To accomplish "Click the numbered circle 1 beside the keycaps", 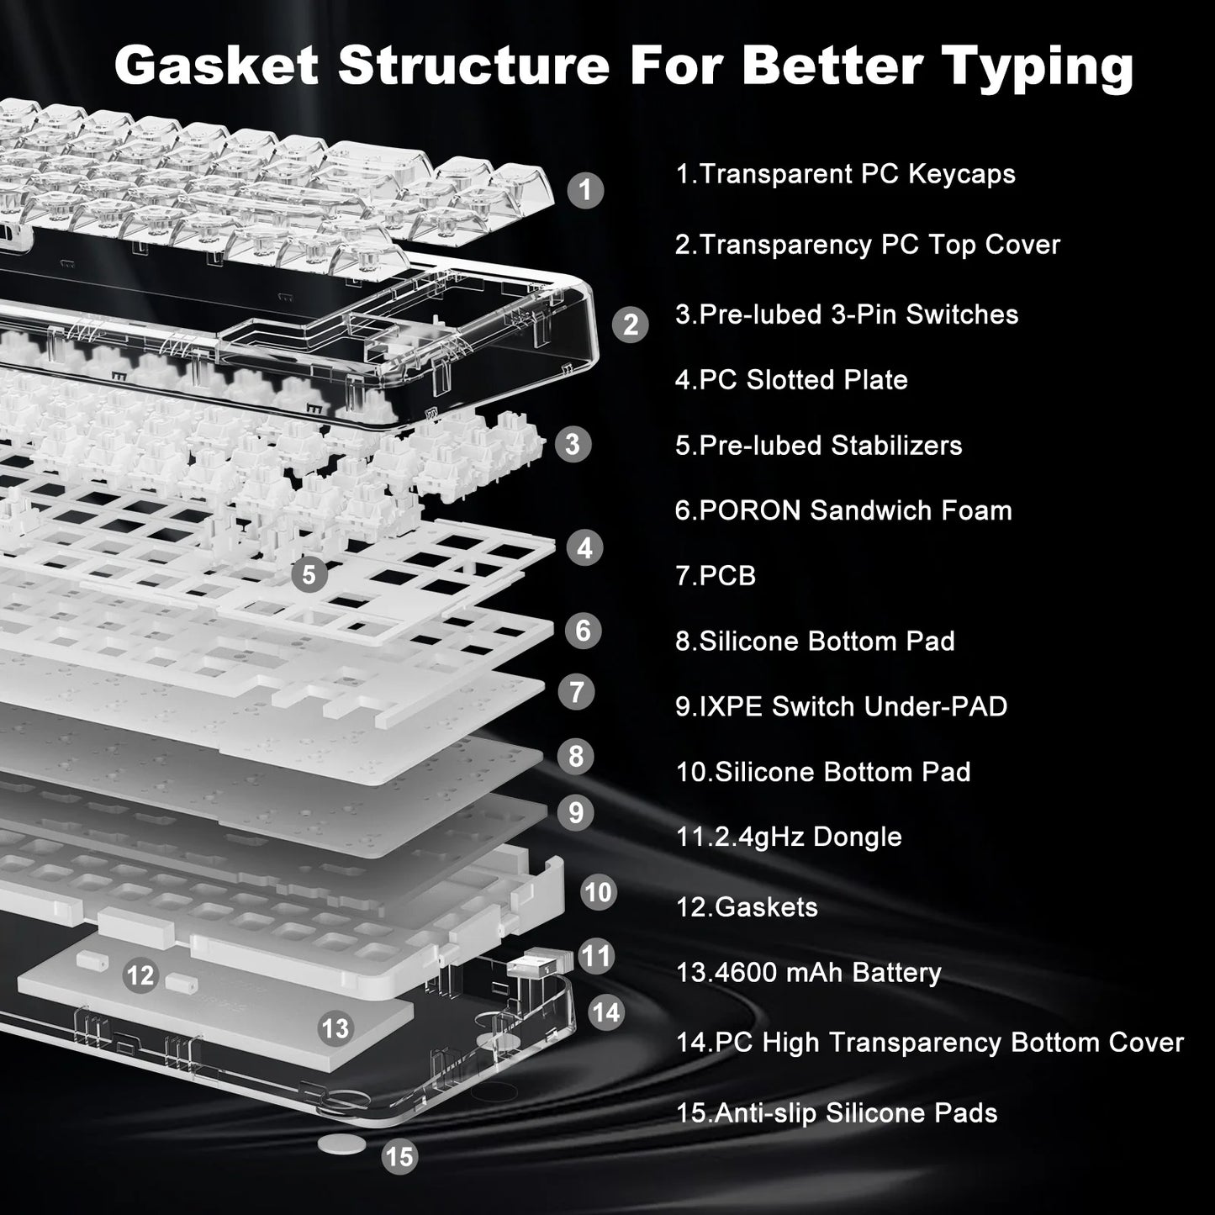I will (x=585, y=190).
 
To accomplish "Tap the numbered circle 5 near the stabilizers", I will (x=309, y=574).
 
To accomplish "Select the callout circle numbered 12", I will (x=140, y=975).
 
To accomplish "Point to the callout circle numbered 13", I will (x=335, y=1027).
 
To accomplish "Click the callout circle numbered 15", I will (x=399, y=1157).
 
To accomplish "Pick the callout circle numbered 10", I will (x=598, y=891).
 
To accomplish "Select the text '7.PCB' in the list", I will (x=716, y=576).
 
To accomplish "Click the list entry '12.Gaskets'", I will (x=747, y=907).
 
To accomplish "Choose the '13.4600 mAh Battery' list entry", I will (x=808, y=973).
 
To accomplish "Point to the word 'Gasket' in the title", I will (x=216, y=66).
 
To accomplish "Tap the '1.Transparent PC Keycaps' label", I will (x=845, y=174).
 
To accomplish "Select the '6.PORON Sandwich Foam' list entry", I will (x=843, y=510).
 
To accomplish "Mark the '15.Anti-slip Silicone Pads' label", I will (x=837, y=1113).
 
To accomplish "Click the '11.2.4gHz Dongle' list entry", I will (x=789, y=837).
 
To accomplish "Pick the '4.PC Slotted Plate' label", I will (x=791, y=380).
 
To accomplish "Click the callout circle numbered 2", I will (x=630, y=325).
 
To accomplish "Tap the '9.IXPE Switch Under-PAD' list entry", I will (x=841, y=706).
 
